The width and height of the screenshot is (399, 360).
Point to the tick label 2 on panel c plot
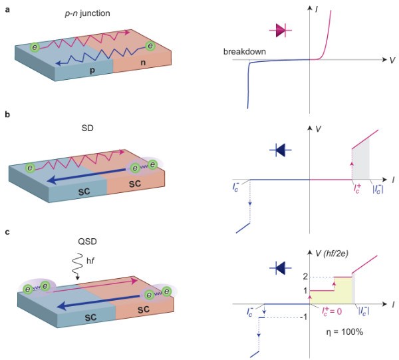tap(307, 276)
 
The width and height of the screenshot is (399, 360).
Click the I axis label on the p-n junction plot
tap(317, 9)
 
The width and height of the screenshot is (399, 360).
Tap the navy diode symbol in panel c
tap(278, 268)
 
